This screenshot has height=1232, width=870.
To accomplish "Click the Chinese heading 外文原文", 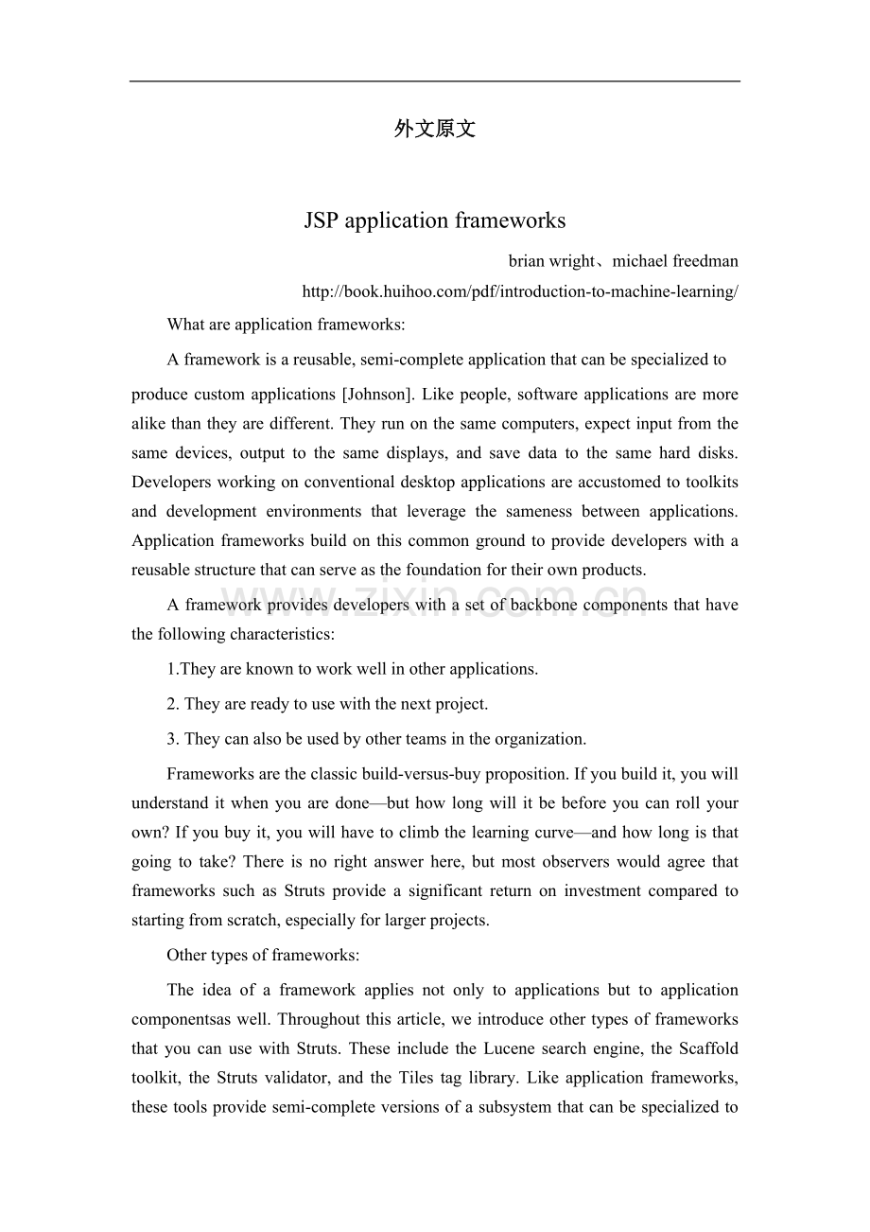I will (434, 130).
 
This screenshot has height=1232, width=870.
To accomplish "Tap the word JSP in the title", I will (322, 221).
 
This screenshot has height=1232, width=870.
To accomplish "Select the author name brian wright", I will (550, 261).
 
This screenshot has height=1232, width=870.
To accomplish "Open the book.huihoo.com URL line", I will (519, 291).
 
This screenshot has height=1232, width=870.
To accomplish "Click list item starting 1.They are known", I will (352, 669).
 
